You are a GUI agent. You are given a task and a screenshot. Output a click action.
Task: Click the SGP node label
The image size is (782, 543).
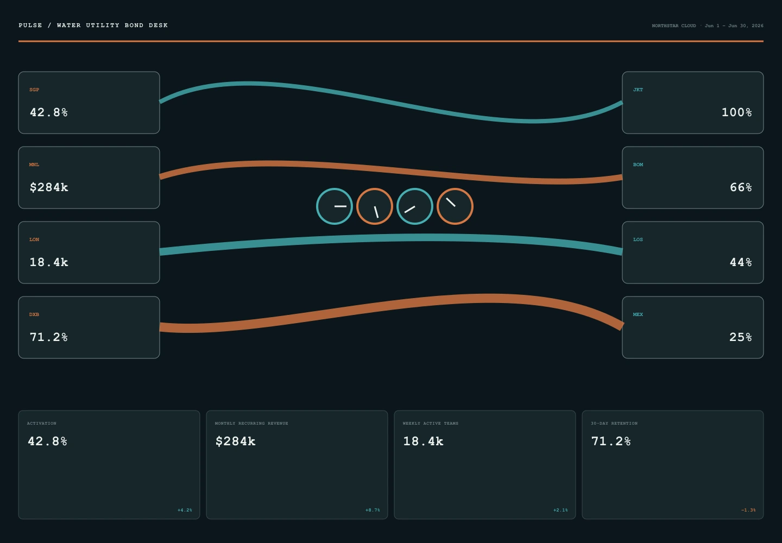pyautogui.click(x=34, y=90)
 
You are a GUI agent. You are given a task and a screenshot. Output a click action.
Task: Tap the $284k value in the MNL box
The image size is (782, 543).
pyautogui.click(x=49, y=187)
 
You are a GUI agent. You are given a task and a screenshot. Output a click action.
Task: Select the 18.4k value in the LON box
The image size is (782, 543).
pyautogui.click(x=49, y=262)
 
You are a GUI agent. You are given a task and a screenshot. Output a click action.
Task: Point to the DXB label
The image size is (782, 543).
pyautogui.click(x=34, y=314)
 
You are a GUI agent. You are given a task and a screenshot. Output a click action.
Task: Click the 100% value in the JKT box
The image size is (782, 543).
pyautogui.click(x=736, y=112)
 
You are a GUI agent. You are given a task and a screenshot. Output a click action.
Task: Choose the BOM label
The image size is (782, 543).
pyautogui.click(x=638, y=165)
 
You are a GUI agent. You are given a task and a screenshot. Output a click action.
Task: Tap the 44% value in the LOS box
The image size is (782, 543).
pyautogui.click(x=741, y=262)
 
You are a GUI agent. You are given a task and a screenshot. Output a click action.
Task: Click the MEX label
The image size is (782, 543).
pyautogui.click(x=638, y=314)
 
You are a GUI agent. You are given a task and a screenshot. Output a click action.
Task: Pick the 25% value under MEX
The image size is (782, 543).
pyautogui.click(x=741, y=337)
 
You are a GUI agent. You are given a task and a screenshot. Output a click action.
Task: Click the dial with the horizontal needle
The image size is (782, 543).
pyautogui.click(x=335, y=206)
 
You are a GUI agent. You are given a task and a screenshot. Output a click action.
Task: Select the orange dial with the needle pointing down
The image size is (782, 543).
pyautogui.click(x=375, y=206)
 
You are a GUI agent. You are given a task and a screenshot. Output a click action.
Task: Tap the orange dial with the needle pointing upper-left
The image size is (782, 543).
pyautogui.click(x=455, y=206)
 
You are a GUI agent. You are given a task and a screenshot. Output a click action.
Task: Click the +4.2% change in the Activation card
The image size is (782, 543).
pyautogui.click(x=185, y=510)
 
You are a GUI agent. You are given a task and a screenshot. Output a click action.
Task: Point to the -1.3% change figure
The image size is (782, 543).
pyautogui.click(x=748, y=510)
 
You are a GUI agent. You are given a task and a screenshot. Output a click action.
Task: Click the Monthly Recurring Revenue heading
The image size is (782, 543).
pyautogui.click(x=251, y=424)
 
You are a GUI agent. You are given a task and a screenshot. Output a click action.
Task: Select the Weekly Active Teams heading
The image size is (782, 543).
pyautogui.click(x=431, y=424)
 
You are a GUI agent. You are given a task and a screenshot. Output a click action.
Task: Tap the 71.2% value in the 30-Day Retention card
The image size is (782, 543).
pyautogui.click(x=611, y=441)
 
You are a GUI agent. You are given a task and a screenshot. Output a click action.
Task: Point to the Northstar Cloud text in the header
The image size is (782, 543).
pyautogui.click(x=674, y=26)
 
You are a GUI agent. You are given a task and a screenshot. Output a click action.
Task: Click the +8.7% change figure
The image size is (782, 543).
pyautogui.click(x=373, y=510)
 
